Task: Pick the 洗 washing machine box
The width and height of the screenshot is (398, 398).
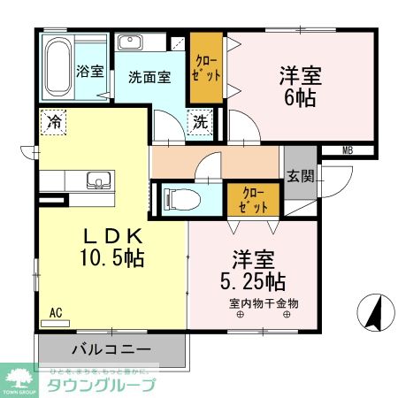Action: click(200, 122)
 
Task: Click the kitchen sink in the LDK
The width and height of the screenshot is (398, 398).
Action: click(96, 182)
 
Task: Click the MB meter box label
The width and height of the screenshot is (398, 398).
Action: click(347, 151)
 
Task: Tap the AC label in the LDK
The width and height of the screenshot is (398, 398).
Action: click(56, 312)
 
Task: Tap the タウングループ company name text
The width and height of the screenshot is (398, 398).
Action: click(101, 385)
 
